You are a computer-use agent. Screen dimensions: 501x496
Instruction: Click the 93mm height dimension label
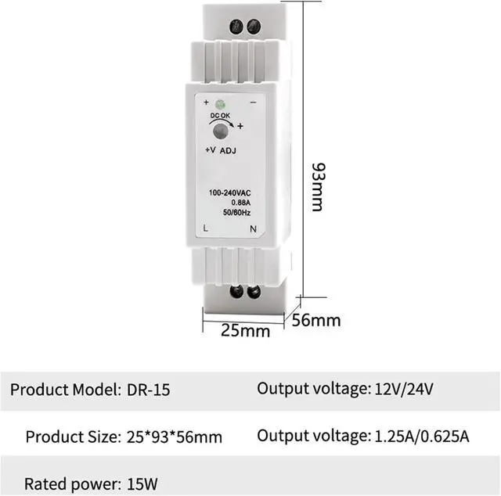(x=316, y=187)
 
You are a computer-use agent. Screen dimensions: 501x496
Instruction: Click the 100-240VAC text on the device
(x=229, y=193)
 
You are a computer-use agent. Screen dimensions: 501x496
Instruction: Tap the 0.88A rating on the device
(x=229, y=203)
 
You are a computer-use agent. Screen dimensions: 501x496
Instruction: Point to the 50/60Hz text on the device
(x=229, y=213)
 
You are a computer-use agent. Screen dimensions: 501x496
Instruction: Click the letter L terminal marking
(x=205, y=228)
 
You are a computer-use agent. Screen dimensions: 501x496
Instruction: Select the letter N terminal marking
(x=252, y=228)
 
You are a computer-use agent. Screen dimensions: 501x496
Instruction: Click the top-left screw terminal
(x=236, y=27)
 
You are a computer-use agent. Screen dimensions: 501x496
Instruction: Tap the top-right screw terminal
(x=253, y=27)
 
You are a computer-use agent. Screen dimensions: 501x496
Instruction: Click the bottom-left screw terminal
(x=236, y=293)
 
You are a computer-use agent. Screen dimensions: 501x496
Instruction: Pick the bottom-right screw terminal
(x=254, y=293)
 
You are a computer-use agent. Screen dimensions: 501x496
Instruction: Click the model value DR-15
(x=148, y=389)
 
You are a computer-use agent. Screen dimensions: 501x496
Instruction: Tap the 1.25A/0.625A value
(x=420, y=436)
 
